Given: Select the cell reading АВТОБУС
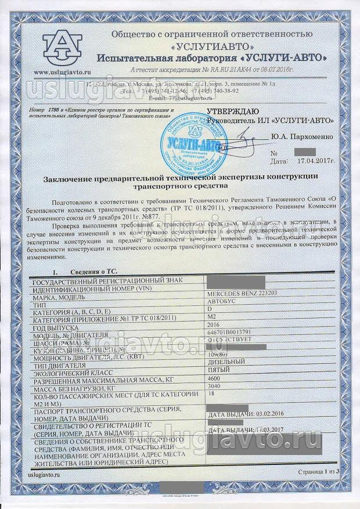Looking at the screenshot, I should click(221, 302).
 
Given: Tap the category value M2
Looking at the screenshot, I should click(212, 317).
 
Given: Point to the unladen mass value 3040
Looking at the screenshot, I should click(215, 385).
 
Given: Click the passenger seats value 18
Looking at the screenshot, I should click(211, 393).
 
